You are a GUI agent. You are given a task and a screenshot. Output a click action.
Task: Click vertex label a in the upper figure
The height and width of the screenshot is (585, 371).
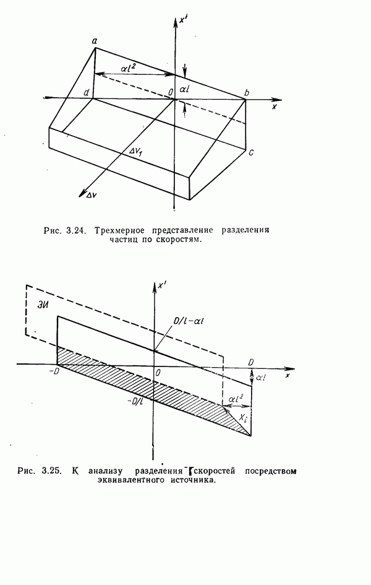[x=95, y=41]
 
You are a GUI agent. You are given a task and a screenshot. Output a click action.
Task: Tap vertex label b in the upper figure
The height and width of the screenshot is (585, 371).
[x=247, y=93]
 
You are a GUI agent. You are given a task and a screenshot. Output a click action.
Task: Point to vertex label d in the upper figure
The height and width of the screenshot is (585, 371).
[x=88, y=93]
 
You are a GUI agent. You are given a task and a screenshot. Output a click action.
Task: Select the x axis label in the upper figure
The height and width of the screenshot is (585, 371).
[x=273, y=107]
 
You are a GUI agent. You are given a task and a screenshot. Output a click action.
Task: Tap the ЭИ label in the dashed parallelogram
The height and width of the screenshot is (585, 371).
[x=39, y=305]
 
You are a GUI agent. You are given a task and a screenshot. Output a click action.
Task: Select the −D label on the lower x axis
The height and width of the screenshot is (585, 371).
[x=54, y=371]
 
